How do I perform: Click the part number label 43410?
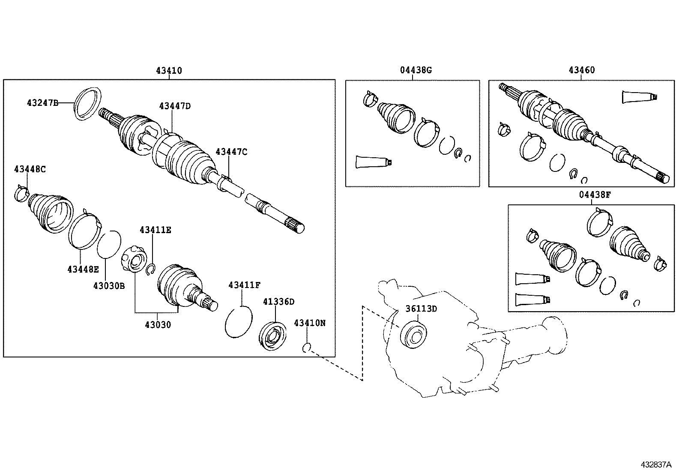point(169,71)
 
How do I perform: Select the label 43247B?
point(42,102)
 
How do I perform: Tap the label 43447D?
point(175,105)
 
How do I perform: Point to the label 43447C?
point(231,151)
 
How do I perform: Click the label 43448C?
point(30,169)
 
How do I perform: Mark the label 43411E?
point(155,230)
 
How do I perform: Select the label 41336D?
point(278,302)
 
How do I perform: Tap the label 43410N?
point(309,323)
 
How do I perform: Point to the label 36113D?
point(421,309)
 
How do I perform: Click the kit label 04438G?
point(416,70)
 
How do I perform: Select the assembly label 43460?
point(582,70)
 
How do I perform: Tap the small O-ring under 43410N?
point(306,348)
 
